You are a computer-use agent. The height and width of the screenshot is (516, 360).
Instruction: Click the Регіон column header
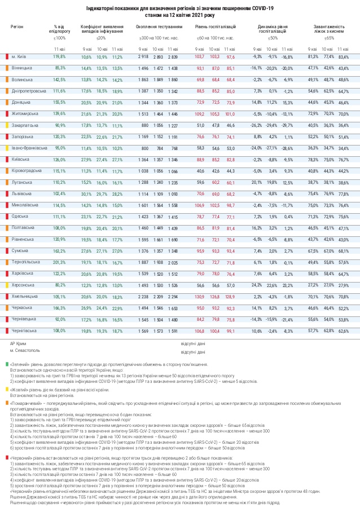(17, 27)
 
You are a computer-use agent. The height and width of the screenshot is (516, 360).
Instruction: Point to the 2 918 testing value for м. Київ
(143, 57)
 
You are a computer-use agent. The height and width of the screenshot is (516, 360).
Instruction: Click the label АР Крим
(17, 343)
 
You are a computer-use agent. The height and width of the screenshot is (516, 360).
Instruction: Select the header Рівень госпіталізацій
(214, 27)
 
